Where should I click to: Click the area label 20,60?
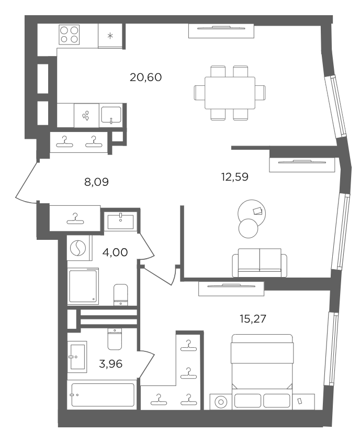coord(145,77)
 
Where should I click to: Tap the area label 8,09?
coord(96,182)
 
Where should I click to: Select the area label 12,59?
coord(235,176)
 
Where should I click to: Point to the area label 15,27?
coord(253,319)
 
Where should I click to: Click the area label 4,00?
coord(115,252)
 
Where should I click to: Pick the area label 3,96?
coord(110,364)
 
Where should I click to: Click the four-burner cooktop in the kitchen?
coord(69,35)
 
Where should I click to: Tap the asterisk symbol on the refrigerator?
coord(110,36)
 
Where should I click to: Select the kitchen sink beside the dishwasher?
coord(111,115)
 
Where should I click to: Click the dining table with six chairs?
coord(230,93)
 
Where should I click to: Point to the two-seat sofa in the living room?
coord(260,263)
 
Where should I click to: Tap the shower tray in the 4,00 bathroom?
coord(83,286)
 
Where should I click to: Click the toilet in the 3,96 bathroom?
coord(115,339)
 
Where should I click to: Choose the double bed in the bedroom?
coord(262,362)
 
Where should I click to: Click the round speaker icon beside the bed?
coord(221,402)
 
